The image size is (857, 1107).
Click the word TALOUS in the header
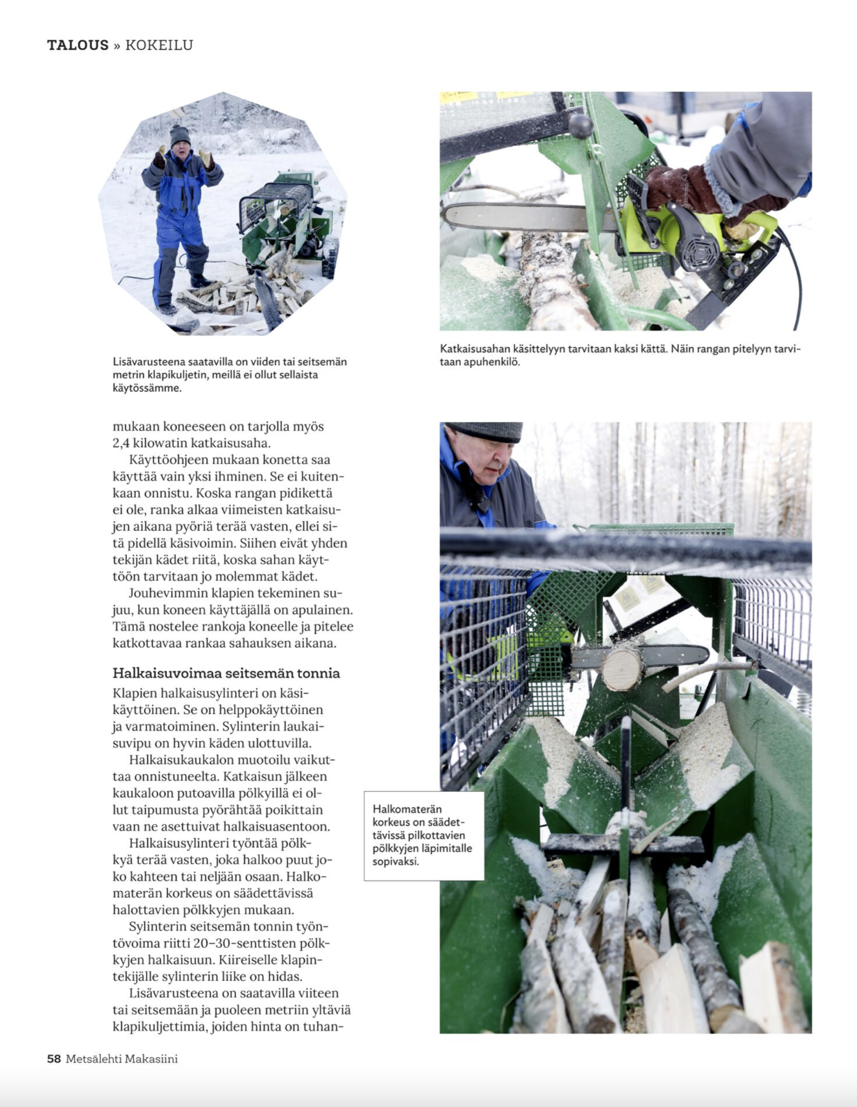(x=78, y=45)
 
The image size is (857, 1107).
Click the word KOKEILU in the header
(x=159, y=45)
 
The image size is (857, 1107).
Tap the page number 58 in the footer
(x=54, y=1058)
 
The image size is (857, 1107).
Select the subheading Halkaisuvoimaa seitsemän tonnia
(x=226, y=673)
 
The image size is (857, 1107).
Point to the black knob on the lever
(x=581, y=125)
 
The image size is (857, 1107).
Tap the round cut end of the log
(x=622, y=669)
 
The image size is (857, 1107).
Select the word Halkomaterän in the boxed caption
(x=407, y=809)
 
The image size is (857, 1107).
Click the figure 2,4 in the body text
(x=121, y=443)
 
